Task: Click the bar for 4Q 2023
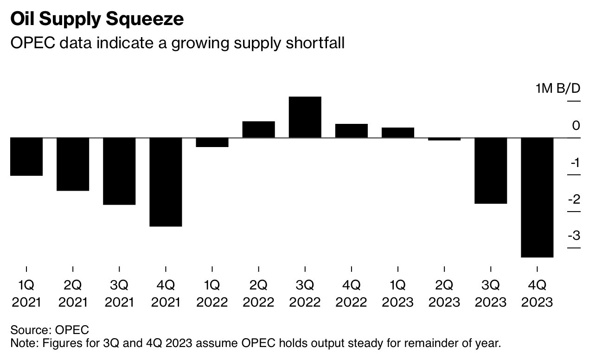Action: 537,197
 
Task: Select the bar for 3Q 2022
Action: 305,117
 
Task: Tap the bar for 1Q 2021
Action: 26,156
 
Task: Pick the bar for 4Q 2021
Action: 166,182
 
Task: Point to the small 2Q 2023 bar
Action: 444,139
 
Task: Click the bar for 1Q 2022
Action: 212,142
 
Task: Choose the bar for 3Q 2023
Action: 491,170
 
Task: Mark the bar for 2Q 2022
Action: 258,129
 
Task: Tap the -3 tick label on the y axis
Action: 574,236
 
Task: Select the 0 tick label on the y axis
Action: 576,125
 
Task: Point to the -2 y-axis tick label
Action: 574,199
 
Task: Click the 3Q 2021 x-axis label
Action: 119,293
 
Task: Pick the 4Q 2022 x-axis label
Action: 351,293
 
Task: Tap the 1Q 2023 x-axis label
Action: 397,293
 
